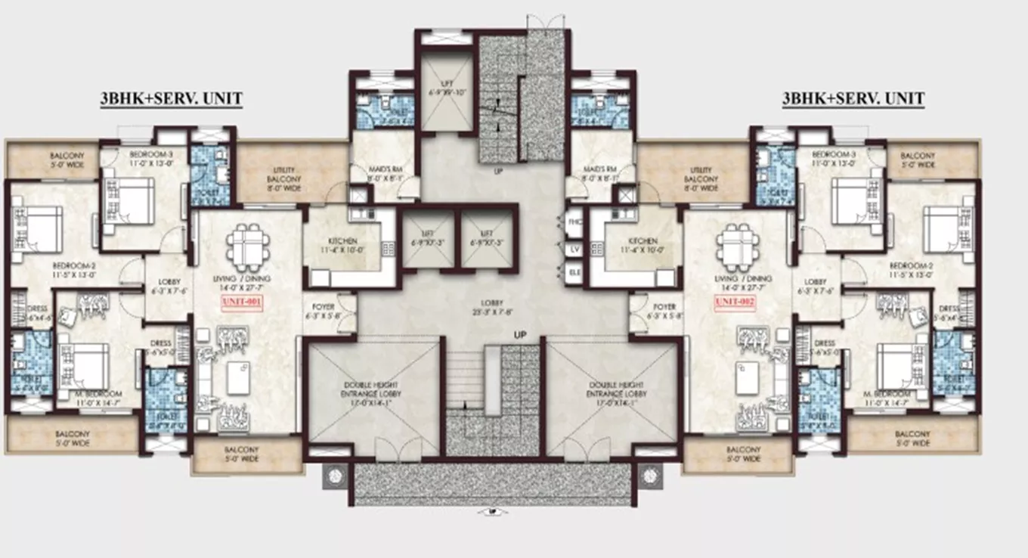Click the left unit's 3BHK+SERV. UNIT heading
tap(171, 98)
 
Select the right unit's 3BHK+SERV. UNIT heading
tap(853, 98)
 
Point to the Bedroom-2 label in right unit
tap(912, 270)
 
